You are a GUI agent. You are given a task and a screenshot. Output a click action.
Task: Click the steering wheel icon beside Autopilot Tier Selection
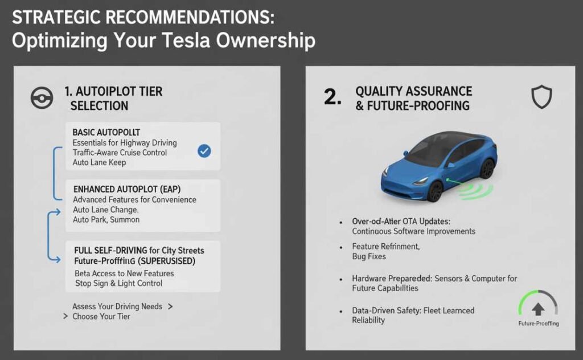pyautogui.click(x=42, y=99)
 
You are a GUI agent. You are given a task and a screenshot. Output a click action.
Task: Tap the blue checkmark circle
pyautogui.click(x=204, y=151)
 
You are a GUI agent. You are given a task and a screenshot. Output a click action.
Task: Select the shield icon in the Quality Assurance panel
pyautogui.click(x=541, y=98)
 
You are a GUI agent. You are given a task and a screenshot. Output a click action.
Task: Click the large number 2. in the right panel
pyautogui.click(x=332, y=97)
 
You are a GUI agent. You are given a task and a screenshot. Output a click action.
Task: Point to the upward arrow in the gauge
pyautogui.click(x=538, y=308)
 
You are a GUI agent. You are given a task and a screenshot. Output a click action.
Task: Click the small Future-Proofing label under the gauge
pyautogui.click(x=538, y=324)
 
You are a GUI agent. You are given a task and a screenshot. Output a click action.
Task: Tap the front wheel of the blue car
pyautogui.click(x=434, y=191)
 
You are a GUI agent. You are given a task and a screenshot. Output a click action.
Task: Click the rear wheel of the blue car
pyautogui.click(x=486, y=169)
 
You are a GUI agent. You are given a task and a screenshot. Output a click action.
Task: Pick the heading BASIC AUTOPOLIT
pyautogui.click(x=106, y=132)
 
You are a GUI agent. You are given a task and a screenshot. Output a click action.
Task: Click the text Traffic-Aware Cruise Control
pyautogui.click(x=120, y=153)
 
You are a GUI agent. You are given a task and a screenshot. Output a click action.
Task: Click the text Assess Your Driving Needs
pyautogui.click(x=117, y=306)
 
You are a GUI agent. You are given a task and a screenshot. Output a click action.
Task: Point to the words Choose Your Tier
pyautogui.click(x=101, y=317)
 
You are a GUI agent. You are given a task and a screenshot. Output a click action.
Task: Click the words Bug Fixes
pyautogui.click(x=369, y=257)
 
